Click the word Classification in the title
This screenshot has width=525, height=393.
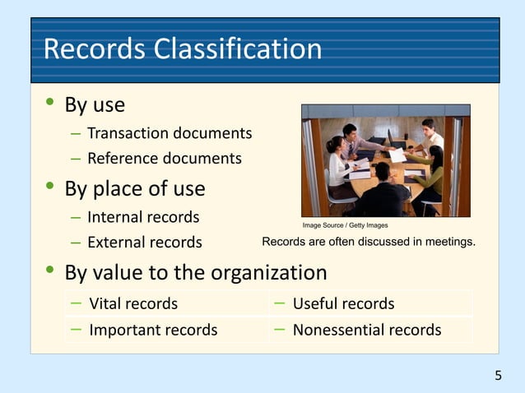[x=238, y=49]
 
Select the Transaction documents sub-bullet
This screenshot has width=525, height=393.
[x=170, y=133]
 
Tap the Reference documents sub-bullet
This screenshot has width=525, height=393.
[x=165, y=158]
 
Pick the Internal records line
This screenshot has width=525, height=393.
[x=143, y=217]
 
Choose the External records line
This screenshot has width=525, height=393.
[x=145, y=242]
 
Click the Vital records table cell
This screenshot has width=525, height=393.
[x=133, y=303]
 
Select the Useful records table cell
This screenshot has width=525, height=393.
[x=343, y=303]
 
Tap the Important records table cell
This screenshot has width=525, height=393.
[x=153, y=330]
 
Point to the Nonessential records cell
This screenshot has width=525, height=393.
[x=367, y=330]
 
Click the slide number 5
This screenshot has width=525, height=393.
[x=498, y=376]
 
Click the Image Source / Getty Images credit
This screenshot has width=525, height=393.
[x=345, y=224]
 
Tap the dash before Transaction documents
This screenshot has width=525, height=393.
[x=76, y=133]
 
